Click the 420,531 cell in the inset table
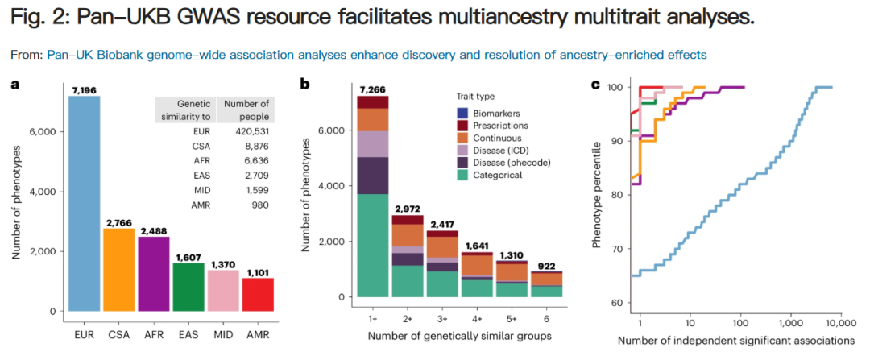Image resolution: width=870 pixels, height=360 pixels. coord(250,130)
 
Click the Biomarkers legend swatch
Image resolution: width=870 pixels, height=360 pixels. coord(462,113)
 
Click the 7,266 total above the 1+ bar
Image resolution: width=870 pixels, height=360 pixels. coord(374,88)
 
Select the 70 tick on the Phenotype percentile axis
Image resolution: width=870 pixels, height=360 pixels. coord(617,249)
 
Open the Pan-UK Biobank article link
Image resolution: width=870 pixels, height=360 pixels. coord(377,55)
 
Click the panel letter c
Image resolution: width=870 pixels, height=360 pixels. coord(596,84)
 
